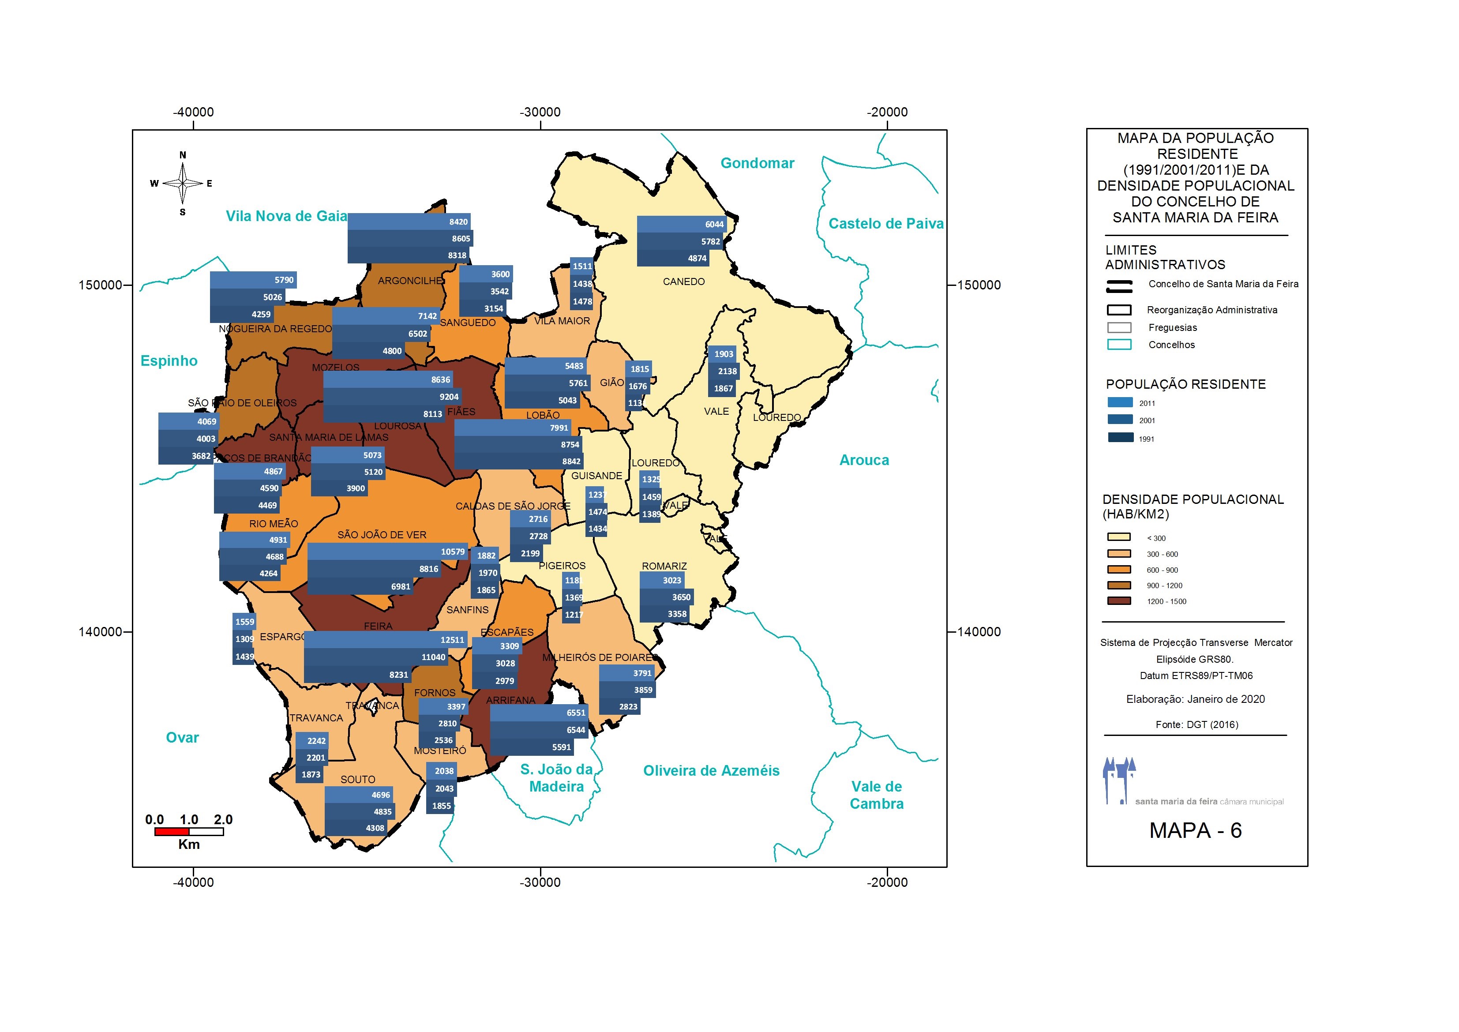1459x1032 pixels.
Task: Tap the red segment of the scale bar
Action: coord(172,832)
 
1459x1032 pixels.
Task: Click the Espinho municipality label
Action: coord(169,361)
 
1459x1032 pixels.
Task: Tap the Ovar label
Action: coord(182,738)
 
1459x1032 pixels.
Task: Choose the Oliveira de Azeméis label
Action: coord(711,771)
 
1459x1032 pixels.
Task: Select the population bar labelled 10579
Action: coord(388,552)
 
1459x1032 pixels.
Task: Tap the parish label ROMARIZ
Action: coord(664,566)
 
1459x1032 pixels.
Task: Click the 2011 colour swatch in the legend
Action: coord(1120,403)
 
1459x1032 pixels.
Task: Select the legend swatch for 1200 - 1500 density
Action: coord(1119,601)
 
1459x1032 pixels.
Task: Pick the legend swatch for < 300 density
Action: coord(1119,537)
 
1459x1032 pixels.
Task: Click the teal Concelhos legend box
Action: coord(1119,345)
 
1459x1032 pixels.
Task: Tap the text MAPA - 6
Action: coord(1195,830)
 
